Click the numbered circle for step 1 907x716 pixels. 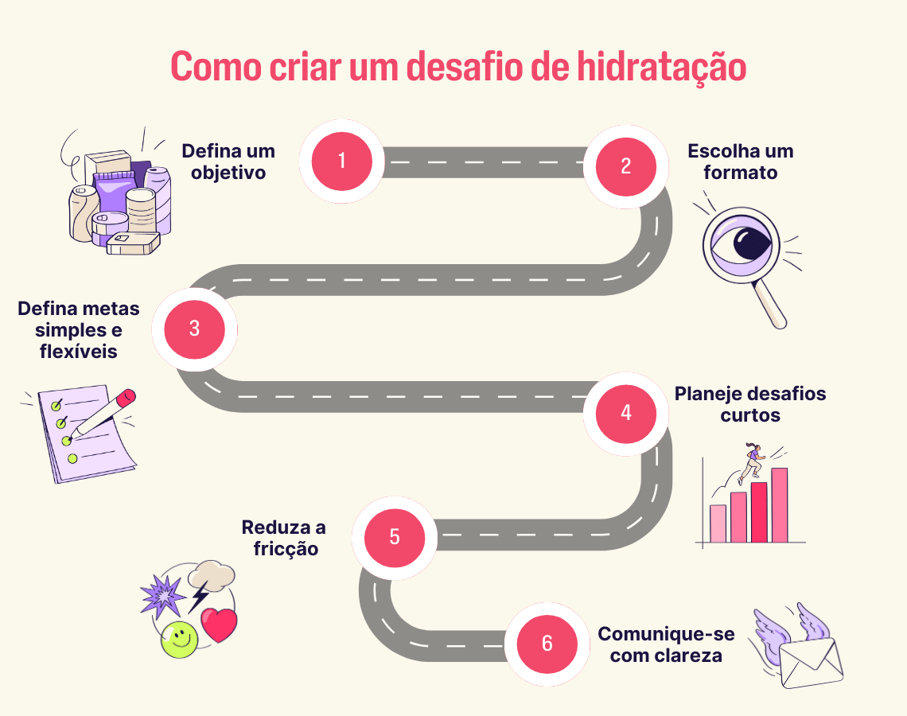click(342, 161)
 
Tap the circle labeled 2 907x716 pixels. click(626, 166)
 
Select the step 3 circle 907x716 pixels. click(195, 329)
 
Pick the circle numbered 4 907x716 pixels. click(626, 413)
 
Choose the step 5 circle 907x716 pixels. click(395, 537)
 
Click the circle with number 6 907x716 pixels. click(547, 644)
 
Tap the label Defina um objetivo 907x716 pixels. click(228, 161)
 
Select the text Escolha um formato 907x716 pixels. click(740, 161)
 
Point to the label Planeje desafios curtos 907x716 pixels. click(749, 404)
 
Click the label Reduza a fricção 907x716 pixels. click(284, 538)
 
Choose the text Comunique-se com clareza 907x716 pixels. click(666, 644)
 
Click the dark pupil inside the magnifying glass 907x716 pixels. click(747, 243)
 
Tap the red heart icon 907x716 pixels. click(219, 625)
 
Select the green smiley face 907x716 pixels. click(179, 639)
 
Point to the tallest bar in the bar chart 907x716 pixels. click(779, 504)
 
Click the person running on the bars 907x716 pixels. click(751, 462)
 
